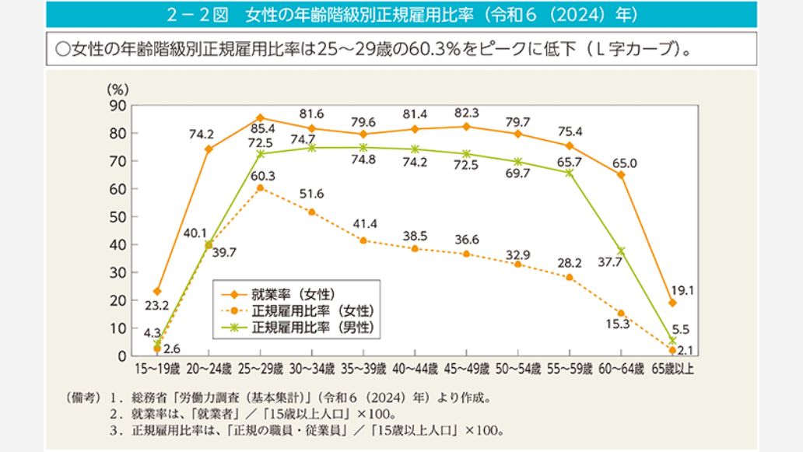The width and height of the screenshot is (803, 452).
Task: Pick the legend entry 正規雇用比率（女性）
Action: tap(314, 311)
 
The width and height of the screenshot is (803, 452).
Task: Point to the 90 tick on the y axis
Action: tap(117, 105)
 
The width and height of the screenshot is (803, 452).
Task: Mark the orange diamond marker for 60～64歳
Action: tap(621, 174)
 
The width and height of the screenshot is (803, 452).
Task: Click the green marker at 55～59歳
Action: tap(570, 173)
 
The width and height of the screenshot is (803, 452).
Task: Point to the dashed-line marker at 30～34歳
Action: tap(312, 212)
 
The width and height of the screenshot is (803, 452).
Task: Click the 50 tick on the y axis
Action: tap(117, 216)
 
